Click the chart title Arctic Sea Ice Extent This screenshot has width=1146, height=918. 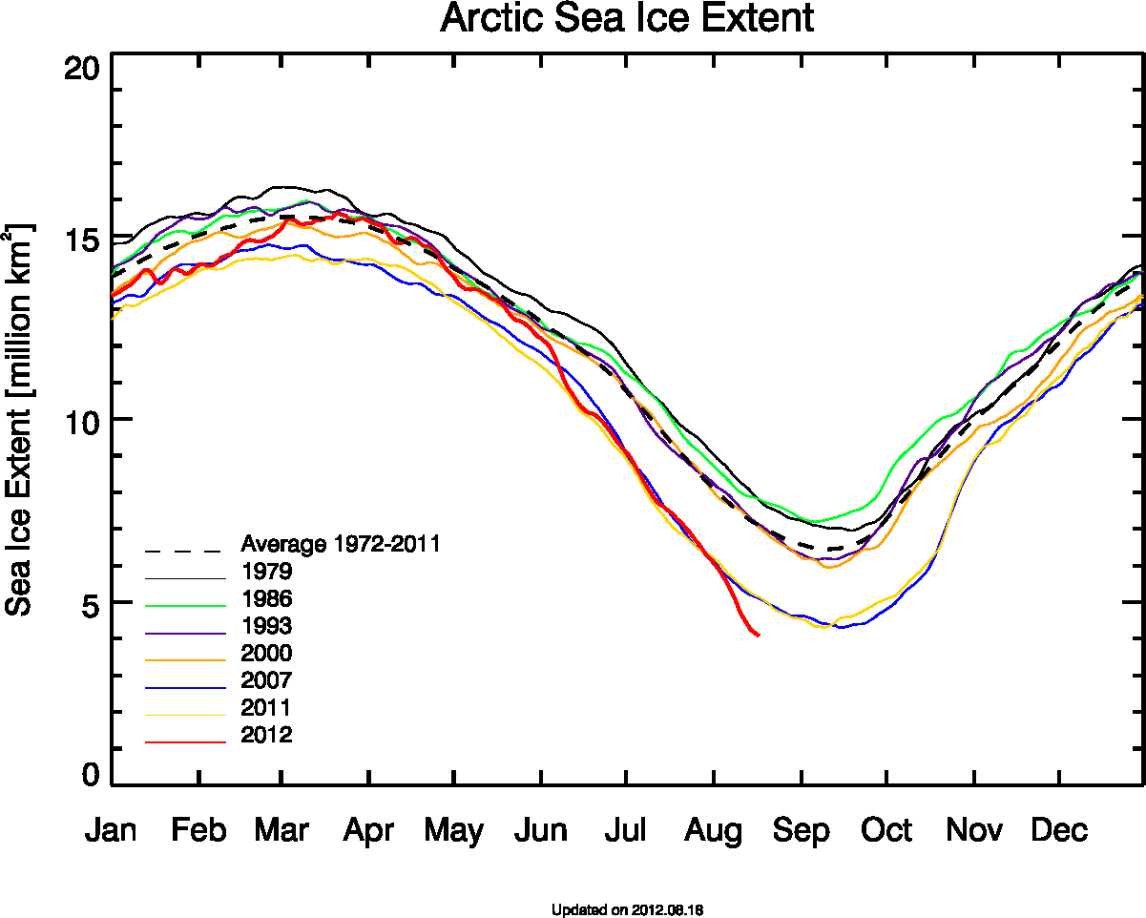click(x=627, y=19)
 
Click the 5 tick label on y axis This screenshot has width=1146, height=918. click(x=89, y=603)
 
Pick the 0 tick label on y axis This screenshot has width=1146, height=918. click(x=89, y=775)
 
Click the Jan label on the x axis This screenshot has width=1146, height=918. click(x=111, y=830)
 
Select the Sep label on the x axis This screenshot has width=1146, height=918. click(x=802, y=830)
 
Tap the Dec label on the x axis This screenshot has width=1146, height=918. click(x=1059, y=830)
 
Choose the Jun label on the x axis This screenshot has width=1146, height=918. click(x=541, y=830)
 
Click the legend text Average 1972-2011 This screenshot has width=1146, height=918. click(x=341, y=544)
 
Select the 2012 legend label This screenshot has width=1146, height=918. click(x=266, y=735)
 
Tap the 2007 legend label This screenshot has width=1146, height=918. click(x=266, y=680)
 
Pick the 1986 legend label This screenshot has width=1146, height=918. click(x=266, y=599)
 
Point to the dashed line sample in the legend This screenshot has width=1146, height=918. click(x=185, y=551)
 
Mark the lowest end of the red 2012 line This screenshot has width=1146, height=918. click(x=758, y=635)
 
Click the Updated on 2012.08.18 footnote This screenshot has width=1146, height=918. click(x=627, y=909)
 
